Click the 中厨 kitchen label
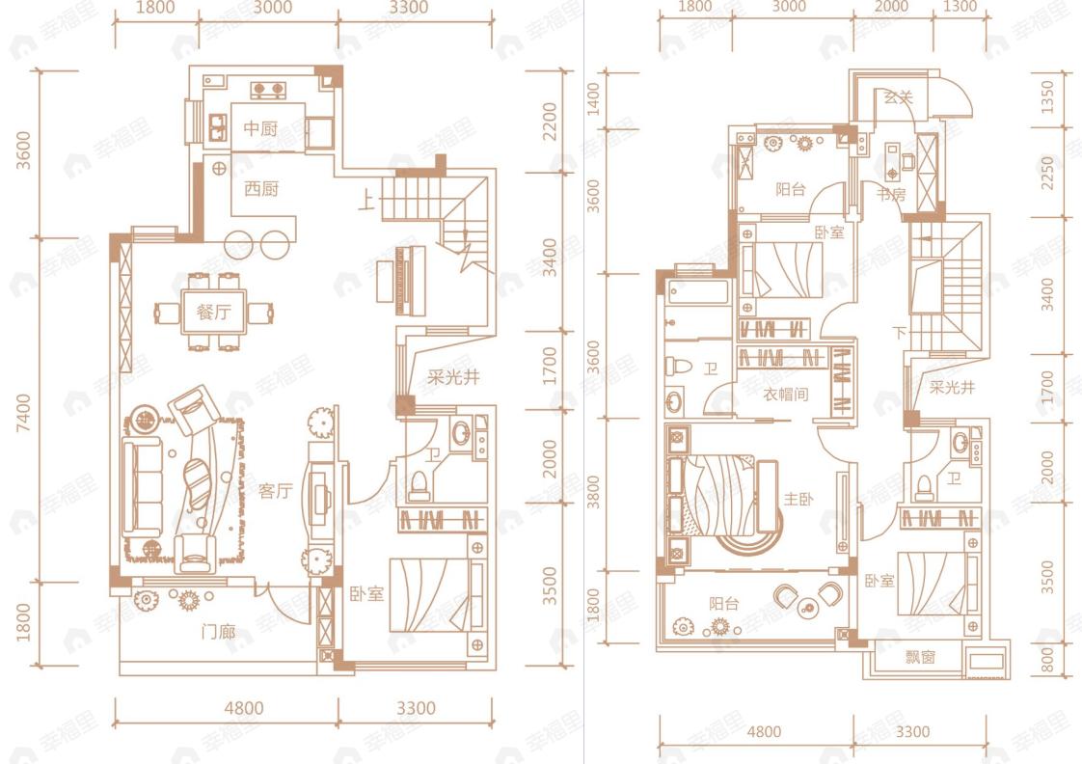(260, 128)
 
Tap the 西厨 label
(260, 188)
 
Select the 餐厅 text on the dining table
(214, 312)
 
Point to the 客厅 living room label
(276, 491)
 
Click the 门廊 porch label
(218, 632)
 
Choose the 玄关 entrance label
(899, 97)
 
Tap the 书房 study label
(891, 195)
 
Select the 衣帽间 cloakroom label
(785, 395)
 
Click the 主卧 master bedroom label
(798, 499)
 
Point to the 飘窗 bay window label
(921, 657)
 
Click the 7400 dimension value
(24, 413)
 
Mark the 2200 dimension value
(550, 122)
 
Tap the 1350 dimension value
(1047, 97)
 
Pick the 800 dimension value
(1047, 660)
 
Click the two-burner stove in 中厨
(268, 90)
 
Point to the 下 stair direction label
(899, 334)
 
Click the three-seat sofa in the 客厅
(142, 486)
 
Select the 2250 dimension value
(1047, 174)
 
